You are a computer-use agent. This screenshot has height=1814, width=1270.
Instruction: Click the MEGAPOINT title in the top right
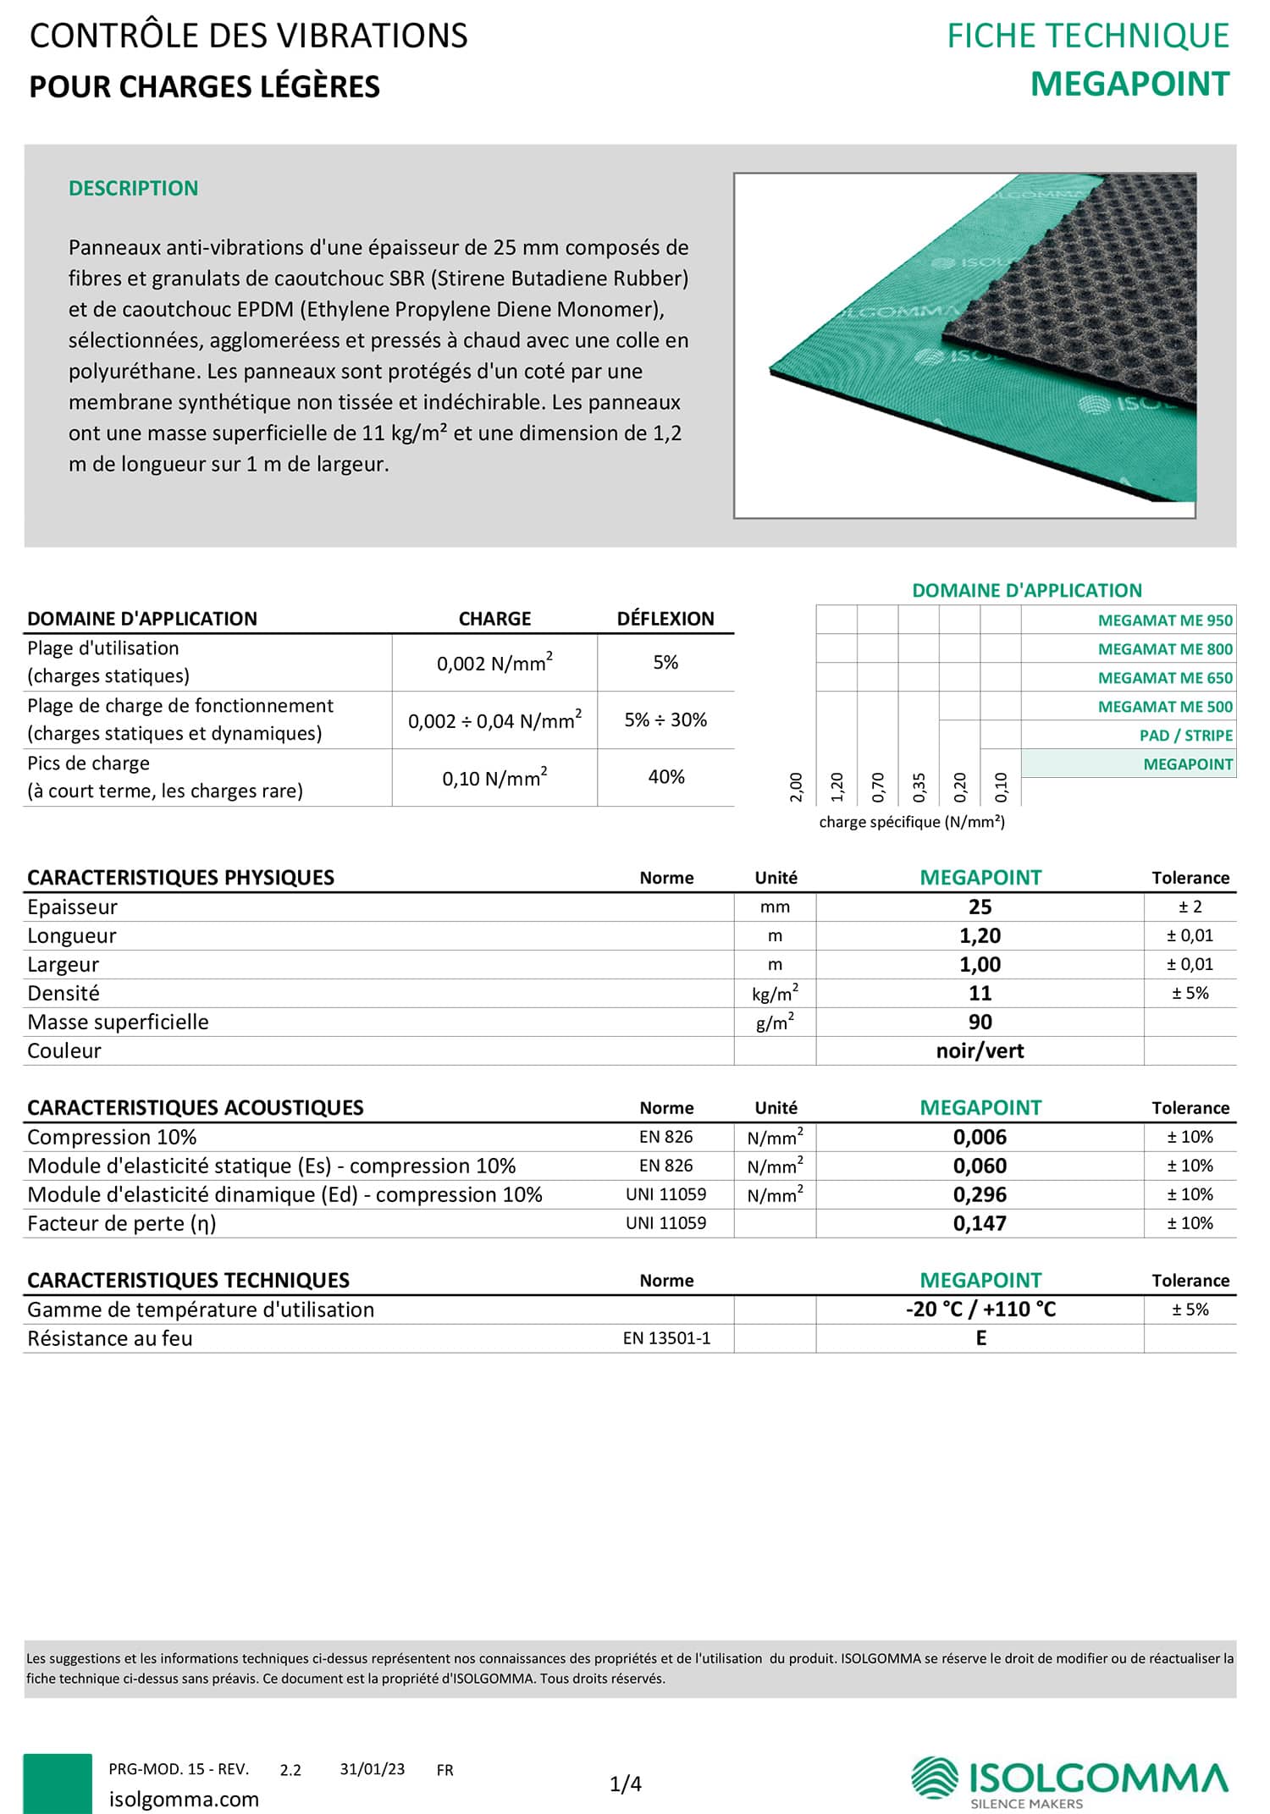click(x=1129, y=85)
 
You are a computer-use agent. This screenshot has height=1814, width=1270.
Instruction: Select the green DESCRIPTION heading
click(x=133, y=188)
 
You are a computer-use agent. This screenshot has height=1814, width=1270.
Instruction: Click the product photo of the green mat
click(x=964, y=345)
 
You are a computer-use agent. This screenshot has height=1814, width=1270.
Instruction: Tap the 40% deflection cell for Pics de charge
click(x=665, y=777)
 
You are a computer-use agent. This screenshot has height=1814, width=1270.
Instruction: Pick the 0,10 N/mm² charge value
click(x=494, y=778)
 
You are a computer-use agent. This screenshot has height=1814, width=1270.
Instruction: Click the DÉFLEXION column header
click(x=665, y=619)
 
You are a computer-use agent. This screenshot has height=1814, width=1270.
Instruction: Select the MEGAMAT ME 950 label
click(x=1165, y=620)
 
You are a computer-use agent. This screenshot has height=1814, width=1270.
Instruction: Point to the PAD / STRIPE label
click(x=1185, y=736)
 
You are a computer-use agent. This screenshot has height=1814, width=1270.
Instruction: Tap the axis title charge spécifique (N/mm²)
click(x=912, y=822)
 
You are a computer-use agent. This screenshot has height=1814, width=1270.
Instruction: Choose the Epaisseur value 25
click(x=980, y=907)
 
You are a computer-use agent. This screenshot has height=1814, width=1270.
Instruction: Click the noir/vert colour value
click(x=980, y=1051)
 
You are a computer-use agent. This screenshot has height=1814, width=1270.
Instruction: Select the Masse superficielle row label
click(x=118, y=1023)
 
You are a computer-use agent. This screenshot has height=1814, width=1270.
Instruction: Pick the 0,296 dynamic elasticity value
click(x=980, y=1195)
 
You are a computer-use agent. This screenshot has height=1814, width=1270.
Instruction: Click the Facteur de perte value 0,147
click(x=980, y=1224)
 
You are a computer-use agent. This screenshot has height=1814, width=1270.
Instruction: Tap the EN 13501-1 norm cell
click(x=666, y=1338)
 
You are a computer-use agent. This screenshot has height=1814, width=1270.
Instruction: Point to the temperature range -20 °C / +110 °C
click(x=980, y=1309)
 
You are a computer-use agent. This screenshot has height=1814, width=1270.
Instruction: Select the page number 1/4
click(x=626, y=1784)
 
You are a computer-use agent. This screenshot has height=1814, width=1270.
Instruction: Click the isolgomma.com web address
click(x=184, y=1800)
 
